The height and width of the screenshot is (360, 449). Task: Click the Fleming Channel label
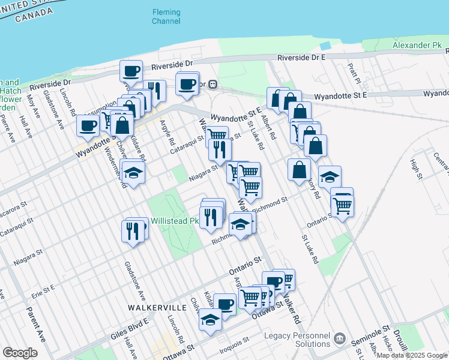pos(166,16)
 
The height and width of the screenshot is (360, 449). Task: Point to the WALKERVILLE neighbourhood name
pos(153,307)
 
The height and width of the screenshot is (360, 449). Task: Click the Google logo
pos(20,353)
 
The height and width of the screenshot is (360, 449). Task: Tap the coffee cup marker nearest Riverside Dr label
pos(131,71)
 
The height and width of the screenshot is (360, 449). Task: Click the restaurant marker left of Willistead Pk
pos(134,229)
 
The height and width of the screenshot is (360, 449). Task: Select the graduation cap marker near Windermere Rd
pos(133,172)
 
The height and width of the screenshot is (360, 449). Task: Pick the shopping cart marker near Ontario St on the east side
pos(342,205)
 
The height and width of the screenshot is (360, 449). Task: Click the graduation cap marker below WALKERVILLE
pos(210,319)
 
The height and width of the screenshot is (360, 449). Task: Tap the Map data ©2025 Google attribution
pos(412,355)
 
